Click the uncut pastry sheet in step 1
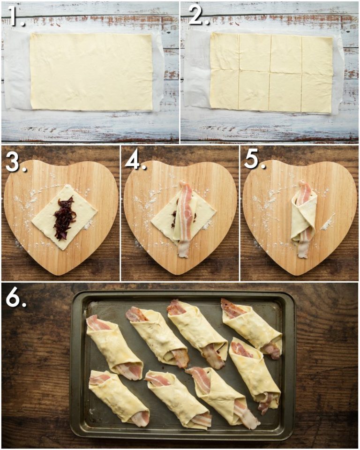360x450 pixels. click(91, 71)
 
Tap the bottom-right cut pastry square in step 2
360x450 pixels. click(316, 94)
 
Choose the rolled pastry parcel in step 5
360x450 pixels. click(303, 216)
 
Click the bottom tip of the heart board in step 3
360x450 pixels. click(61, 273)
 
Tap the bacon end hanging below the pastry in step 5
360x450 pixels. click(303, 249)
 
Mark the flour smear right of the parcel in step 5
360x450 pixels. click(328, 222)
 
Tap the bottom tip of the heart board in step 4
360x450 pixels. click(181, 273)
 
